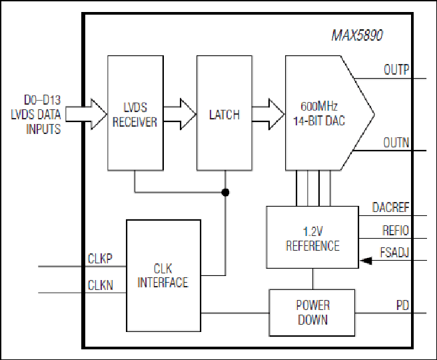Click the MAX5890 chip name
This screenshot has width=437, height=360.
357,35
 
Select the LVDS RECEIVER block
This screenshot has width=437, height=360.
135,113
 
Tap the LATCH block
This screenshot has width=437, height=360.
224,113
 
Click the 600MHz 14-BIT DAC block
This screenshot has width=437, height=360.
330,113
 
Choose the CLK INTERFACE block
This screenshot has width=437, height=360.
164,275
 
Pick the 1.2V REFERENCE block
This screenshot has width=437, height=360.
312,237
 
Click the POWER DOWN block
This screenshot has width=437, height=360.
312,313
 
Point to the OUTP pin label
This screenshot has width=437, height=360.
396,70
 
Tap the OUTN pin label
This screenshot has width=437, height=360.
396,143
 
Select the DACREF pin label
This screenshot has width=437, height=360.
391,207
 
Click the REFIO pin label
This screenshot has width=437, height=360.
396,231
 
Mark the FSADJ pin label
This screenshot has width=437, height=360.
394,253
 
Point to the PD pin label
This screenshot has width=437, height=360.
403,305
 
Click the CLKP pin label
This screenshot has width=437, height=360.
100,259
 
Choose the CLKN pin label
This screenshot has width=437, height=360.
101,285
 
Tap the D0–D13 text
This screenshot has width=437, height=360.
43,100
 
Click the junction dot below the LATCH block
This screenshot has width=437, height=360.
225,193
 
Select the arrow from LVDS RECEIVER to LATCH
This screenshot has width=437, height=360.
180,114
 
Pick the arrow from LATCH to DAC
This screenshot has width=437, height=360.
268,114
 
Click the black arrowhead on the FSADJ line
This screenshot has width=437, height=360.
366,261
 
